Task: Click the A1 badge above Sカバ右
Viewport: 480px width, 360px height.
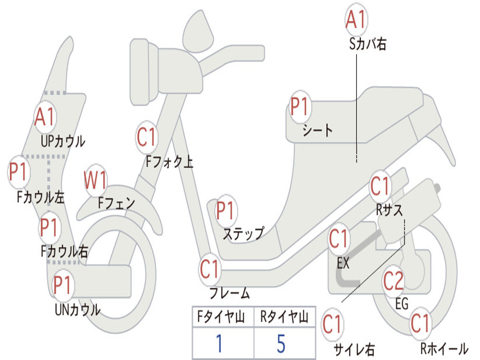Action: [356, 20]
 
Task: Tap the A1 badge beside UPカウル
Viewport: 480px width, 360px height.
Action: [45, 117]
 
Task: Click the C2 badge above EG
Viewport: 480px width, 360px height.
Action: [393, 281]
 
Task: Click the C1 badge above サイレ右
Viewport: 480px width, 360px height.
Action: [332, 324]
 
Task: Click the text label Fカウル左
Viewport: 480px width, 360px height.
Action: [41, 197]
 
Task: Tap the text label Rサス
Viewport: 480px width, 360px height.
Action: [389, 210]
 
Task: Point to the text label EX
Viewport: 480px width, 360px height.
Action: [343, 263]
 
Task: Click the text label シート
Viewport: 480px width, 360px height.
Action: [317, 130]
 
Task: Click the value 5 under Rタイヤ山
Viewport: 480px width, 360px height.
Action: [281, 344]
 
